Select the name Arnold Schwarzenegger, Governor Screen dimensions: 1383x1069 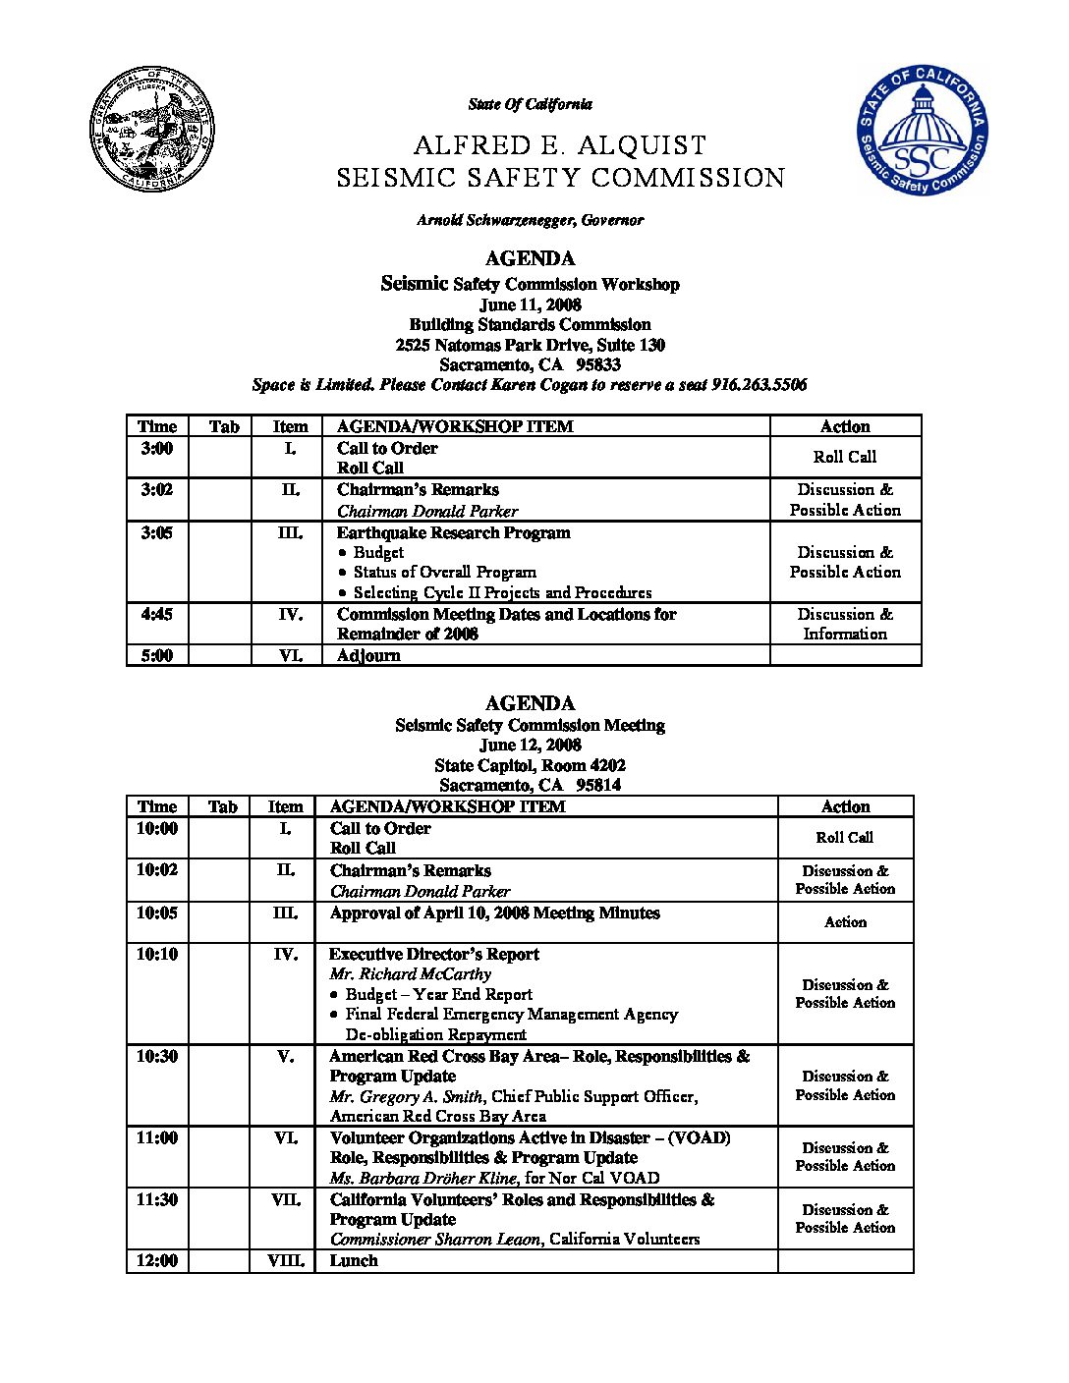pos(530,220)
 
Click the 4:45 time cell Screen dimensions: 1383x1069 pos(157,614)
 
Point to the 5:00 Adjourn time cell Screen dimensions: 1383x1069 pos(157,655)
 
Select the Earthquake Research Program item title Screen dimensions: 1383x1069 pos(453,532)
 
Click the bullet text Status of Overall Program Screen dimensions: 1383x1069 pos(444,572)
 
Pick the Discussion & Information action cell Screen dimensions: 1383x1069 pos(845,624)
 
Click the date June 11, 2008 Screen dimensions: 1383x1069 pos(530,304)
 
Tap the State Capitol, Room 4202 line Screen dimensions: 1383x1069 pos(530,765)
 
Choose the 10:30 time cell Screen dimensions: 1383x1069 pos(157,1056)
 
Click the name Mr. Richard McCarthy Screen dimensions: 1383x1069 pos(410,973)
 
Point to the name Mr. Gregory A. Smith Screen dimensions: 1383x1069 pos(406,1096)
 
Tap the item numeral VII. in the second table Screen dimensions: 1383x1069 pos(286,1199)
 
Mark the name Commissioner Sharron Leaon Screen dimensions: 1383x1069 pos(435,1240)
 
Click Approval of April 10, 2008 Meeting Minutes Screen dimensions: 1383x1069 pos(494,913)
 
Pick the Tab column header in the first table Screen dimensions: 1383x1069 pos(224,426)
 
